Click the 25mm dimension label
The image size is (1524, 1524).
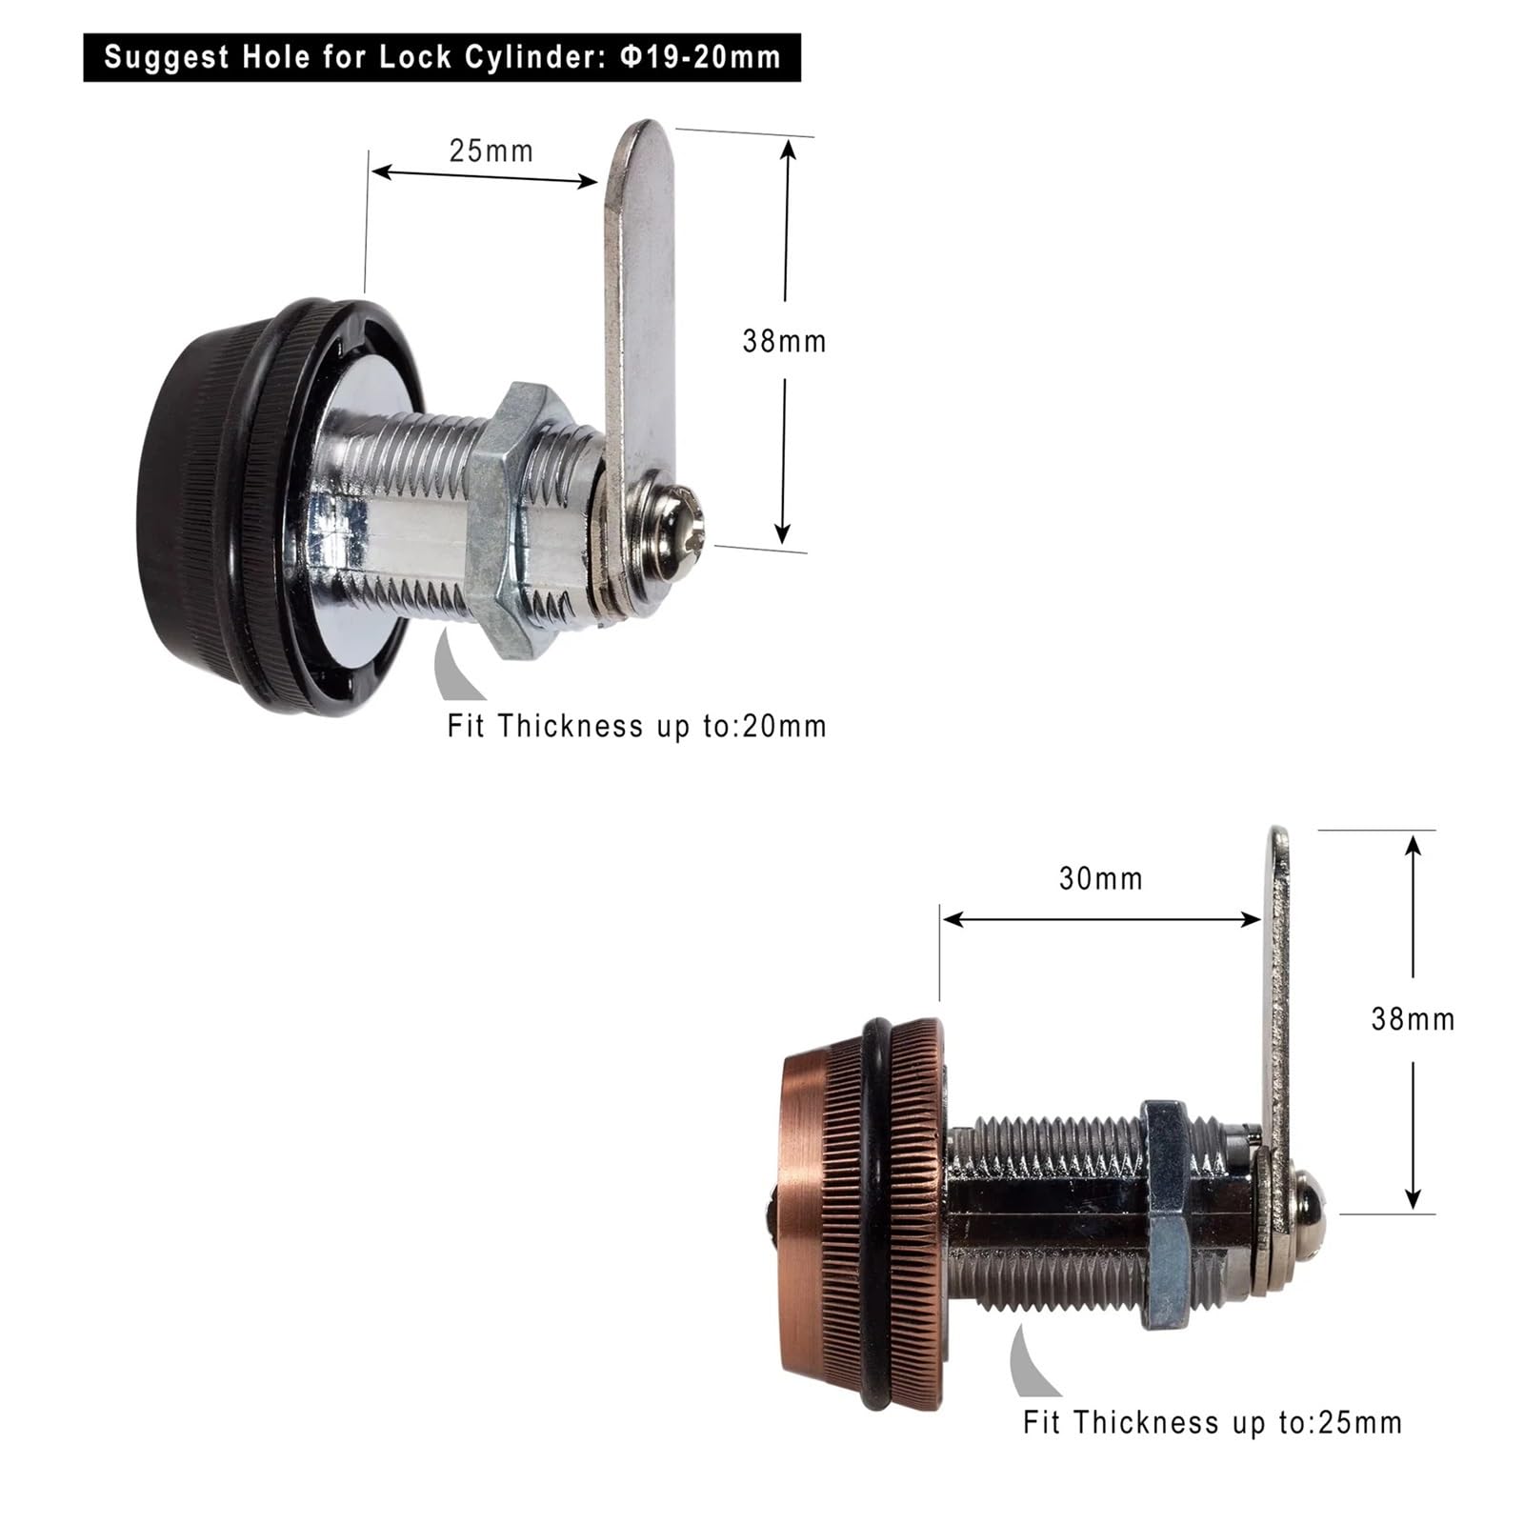click(x=491, y=151)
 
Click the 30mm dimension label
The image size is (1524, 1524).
click(x=1100, y=878)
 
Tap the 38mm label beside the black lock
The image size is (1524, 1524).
click(x=784, y=341)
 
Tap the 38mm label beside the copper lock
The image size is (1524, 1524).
click(x=1413, y=1019)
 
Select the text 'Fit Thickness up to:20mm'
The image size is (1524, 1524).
click(x=636, y=726)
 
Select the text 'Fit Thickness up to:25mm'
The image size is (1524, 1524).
click(x=1213, y=1422)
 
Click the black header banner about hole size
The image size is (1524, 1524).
click(x=442, y=57)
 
